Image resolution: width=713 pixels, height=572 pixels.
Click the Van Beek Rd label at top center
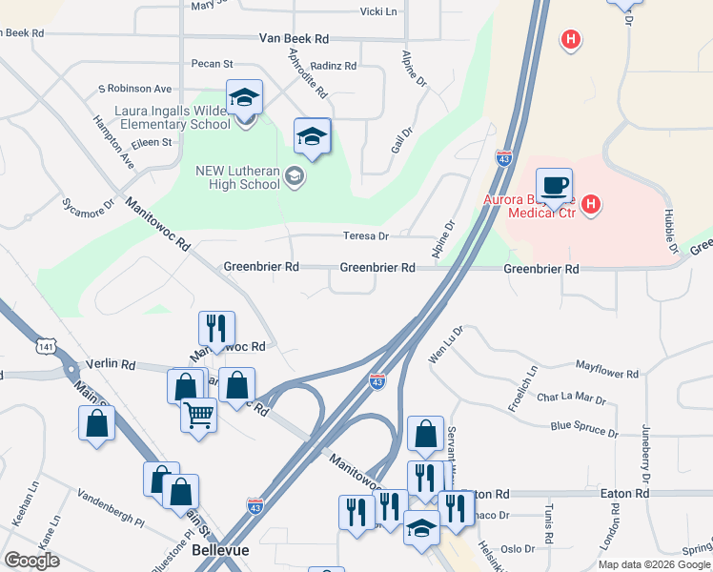294,39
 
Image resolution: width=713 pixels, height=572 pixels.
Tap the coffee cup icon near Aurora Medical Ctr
553,184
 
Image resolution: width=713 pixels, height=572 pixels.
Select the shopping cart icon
198,414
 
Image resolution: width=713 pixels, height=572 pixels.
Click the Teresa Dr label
366,235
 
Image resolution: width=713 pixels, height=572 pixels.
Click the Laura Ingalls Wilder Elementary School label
172,116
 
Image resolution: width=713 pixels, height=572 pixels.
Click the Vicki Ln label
377,11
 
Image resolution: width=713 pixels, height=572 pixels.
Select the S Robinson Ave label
134,89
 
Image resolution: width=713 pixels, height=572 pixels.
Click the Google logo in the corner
32,561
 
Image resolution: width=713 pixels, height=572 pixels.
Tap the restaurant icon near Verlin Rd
214,328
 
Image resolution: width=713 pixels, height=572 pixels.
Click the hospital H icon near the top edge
570,40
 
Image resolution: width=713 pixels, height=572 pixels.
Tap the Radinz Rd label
334,66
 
